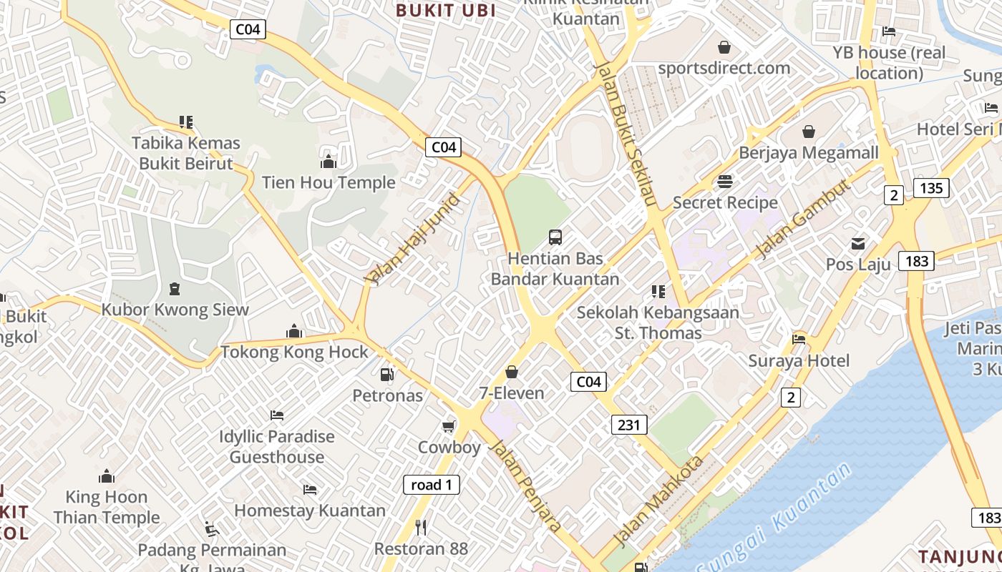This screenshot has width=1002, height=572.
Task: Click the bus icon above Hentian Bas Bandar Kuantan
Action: (x=555, y=237)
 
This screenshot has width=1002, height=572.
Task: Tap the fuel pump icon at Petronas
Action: (x=386, y=374)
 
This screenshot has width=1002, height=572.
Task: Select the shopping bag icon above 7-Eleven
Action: (x=511, y=372)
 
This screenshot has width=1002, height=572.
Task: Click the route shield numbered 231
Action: (x=629, y=425)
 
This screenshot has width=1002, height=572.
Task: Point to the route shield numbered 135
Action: (x=931, y=188)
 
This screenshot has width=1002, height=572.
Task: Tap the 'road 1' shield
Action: (x=431, y=485)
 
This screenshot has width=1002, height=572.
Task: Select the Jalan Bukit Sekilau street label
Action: (x=625, y=134)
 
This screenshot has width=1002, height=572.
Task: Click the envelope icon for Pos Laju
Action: (x=858, y=244)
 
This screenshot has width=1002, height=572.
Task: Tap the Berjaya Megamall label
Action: (x=808, y=153)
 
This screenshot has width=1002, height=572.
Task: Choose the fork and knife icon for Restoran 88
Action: (x=421, y=528)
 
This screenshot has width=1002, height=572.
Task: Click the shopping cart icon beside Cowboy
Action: (x=448, y=427)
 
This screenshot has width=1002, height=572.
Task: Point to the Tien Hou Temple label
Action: (x=329, y=182)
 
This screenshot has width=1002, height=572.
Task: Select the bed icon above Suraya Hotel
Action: (x=799, y=339)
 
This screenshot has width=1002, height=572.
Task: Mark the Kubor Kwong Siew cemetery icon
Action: (x=174, y=289)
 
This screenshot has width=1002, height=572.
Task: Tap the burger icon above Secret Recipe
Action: (x=725, y=181)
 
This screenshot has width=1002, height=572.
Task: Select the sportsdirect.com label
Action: (x=724, y=68)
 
